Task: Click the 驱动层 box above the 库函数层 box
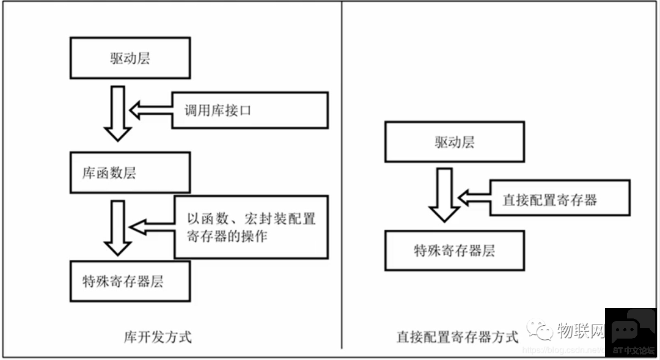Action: (130, 59)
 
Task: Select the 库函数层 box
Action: (130, 173)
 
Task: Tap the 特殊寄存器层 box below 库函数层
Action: (130, 281)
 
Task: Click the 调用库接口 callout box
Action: (250, 111)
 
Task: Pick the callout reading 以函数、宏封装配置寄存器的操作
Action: (251, 227)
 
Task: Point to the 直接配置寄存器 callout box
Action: (560, 197)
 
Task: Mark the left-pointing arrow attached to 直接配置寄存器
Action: (474, 197)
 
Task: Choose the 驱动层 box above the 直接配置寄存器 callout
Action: (454, 142)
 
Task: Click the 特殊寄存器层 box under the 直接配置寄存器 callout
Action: (454, 250)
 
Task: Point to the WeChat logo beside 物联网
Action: (540, 331)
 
